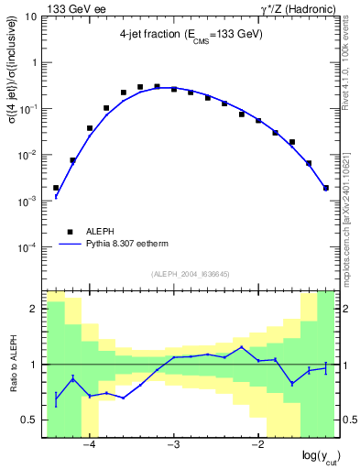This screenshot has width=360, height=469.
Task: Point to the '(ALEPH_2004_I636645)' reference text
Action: (x=191, y=273)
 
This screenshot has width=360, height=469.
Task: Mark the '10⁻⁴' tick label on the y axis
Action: (x=27, y=246)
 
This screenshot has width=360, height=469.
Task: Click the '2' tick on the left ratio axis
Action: (x=35, y=309)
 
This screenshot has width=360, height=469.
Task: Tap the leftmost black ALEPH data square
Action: (x=56, y=188)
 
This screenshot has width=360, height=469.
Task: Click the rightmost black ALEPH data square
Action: (x=326, y=188)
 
